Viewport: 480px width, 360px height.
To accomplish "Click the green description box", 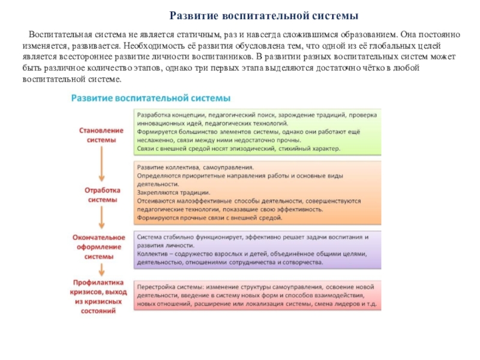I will point(258,131).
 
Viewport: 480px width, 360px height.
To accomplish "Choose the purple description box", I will point(258,249).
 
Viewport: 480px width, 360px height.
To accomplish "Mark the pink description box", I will point(258,294).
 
